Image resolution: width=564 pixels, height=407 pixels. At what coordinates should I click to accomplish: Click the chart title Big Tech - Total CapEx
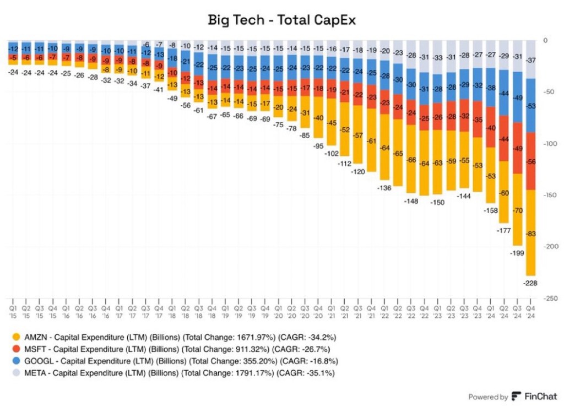[282, 20]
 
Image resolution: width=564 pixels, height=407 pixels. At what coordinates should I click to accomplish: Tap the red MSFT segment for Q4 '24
[530, 161]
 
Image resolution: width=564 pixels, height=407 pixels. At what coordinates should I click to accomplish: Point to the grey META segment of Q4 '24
[530, 60]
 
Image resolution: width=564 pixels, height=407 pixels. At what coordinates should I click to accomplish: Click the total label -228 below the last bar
[530, 283]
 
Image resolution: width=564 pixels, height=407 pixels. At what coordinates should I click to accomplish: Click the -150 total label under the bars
[438, 203]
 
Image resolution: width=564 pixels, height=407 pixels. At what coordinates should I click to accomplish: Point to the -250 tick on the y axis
[549, 298]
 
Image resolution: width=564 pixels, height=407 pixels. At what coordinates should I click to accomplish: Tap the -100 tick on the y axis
[549, 144]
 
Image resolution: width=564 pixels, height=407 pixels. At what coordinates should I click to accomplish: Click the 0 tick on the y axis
[545, 41]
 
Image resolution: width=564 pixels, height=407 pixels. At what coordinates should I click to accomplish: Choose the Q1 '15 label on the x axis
[13, 306]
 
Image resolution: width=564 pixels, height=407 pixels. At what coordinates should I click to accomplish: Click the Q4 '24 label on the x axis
[530, 306]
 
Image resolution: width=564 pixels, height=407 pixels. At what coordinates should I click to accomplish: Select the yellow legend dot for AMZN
[16, 336]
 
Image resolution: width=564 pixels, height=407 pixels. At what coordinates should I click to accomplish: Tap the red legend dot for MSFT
[16, 349]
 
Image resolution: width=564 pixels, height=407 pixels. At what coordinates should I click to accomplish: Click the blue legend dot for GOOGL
[16, 361]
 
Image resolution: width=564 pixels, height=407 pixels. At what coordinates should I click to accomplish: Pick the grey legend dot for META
[16, 373]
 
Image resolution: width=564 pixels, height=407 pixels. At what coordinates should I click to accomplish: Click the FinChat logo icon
[516, 396]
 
